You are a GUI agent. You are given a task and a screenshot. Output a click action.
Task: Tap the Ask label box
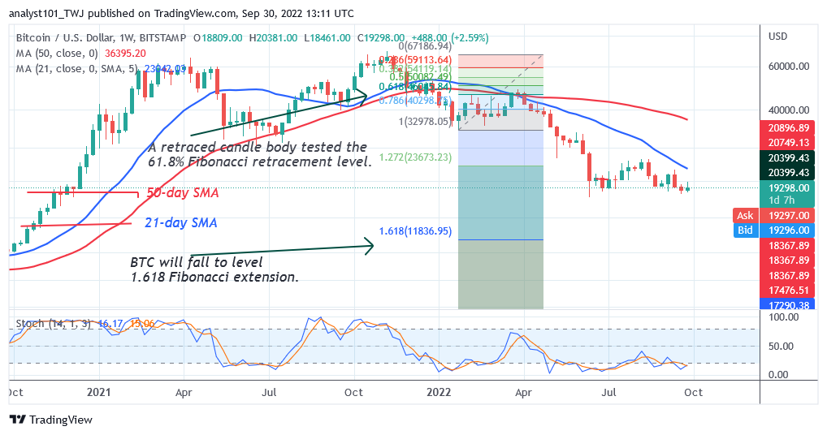click(x=744, y=215)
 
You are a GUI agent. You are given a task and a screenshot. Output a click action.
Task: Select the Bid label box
click(x=744, y=230)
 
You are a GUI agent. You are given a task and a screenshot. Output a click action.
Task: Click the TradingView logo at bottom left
click(x=51, y=420)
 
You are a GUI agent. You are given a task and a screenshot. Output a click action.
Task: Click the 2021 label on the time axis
click(x=97, y=391)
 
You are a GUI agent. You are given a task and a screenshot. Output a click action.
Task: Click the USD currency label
click(x=779, y=37)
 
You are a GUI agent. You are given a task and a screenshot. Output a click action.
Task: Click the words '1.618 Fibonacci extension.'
click(x=214, y=278)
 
